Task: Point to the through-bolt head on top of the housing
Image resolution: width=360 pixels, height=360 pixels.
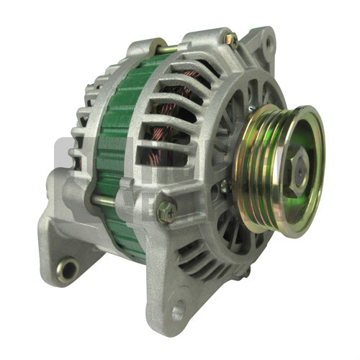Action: point(230,40)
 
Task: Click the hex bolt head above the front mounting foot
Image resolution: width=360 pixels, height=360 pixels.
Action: point(166,211)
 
